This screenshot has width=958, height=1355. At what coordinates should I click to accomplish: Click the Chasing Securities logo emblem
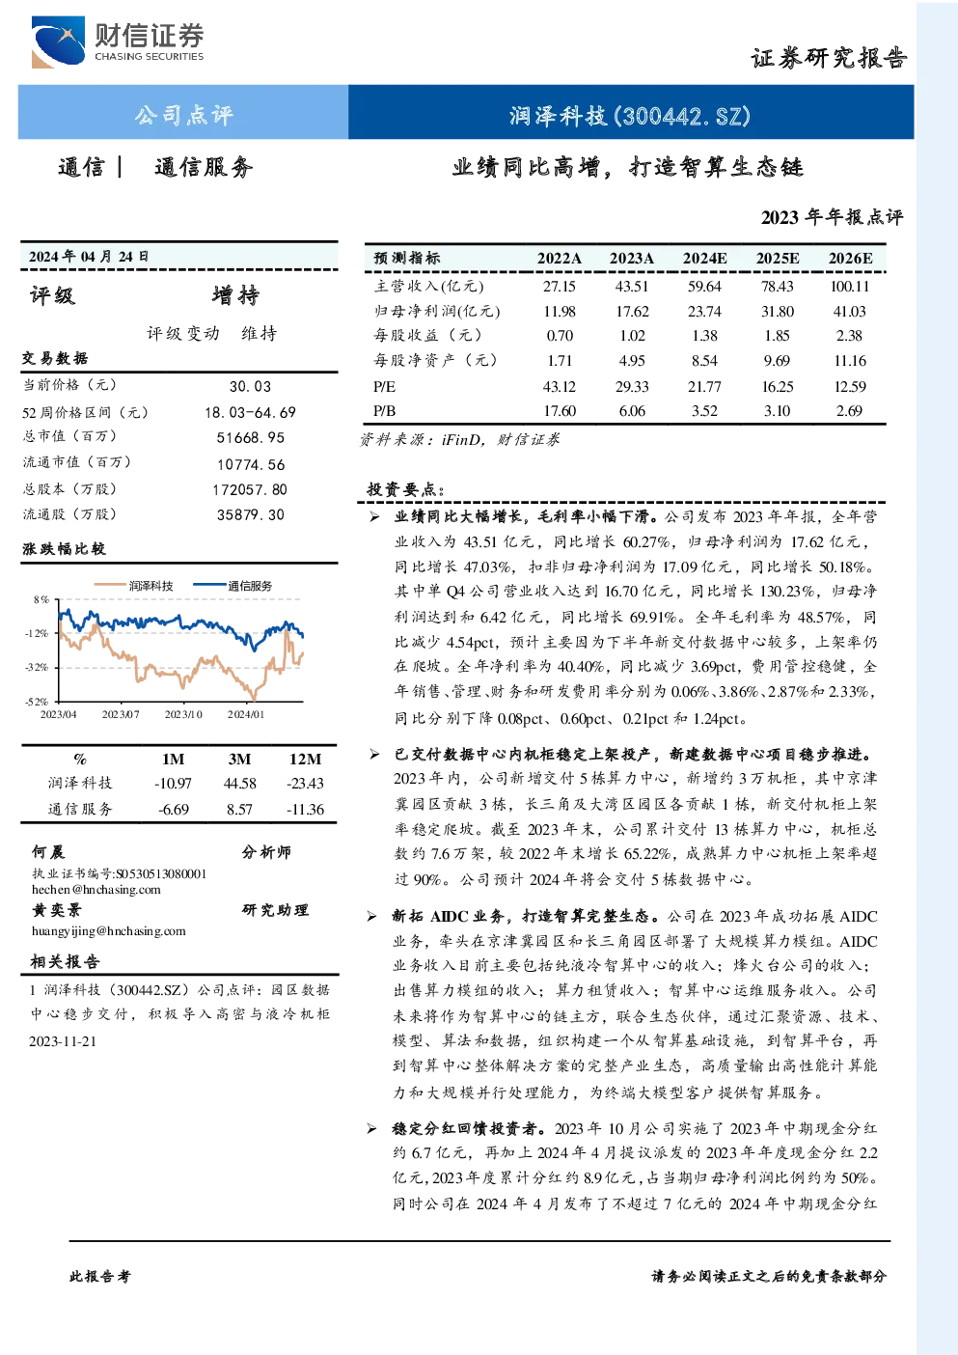pyautogui.click(x=58, y=42)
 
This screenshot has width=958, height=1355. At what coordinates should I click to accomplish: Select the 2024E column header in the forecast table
pyautogui.click(x=704, y=259)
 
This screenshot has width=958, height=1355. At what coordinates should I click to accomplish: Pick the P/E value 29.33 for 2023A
pyautogui.click(x=632, y=386)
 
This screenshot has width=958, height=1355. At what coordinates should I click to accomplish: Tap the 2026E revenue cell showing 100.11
pyautogui.click(x=849, y=286)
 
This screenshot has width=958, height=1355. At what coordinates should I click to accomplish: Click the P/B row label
pyautogui.click(x=385, y=411)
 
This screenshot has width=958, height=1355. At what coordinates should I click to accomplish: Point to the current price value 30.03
pyautogui.click(x=251, y=386)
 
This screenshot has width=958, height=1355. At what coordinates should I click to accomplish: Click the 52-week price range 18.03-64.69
pyautogui.click(x=251, y=412)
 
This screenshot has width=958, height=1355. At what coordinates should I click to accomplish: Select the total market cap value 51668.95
pyautogui.click(x=251, y=437)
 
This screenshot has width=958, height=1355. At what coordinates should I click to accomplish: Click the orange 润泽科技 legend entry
pyautogui.click(x=134, y=585)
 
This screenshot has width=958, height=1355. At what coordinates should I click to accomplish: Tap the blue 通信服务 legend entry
pyautogui.click(x=233, y=585)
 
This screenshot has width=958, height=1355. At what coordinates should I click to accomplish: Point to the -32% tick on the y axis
pyautogui.click(x=37, y=667)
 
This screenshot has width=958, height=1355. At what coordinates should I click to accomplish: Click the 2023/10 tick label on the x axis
pyautogui.click(x=183, y=714)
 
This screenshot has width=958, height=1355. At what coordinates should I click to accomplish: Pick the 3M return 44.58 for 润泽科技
pyautogui.click(x=239, y=784)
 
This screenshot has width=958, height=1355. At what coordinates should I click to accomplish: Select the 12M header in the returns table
pyautogui.click(x=305, y=759)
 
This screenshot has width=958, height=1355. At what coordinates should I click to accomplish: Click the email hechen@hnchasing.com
pyautogui.click(x=96, y=889)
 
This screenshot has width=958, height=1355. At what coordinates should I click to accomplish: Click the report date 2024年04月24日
pyautogui.click(x=89, y=257)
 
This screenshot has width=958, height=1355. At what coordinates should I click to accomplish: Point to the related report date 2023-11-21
pyautogui.click(x=63, y=1041)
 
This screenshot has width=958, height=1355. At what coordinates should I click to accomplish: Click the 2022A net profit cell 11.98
pyautogui.click(x=560, y=312)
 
